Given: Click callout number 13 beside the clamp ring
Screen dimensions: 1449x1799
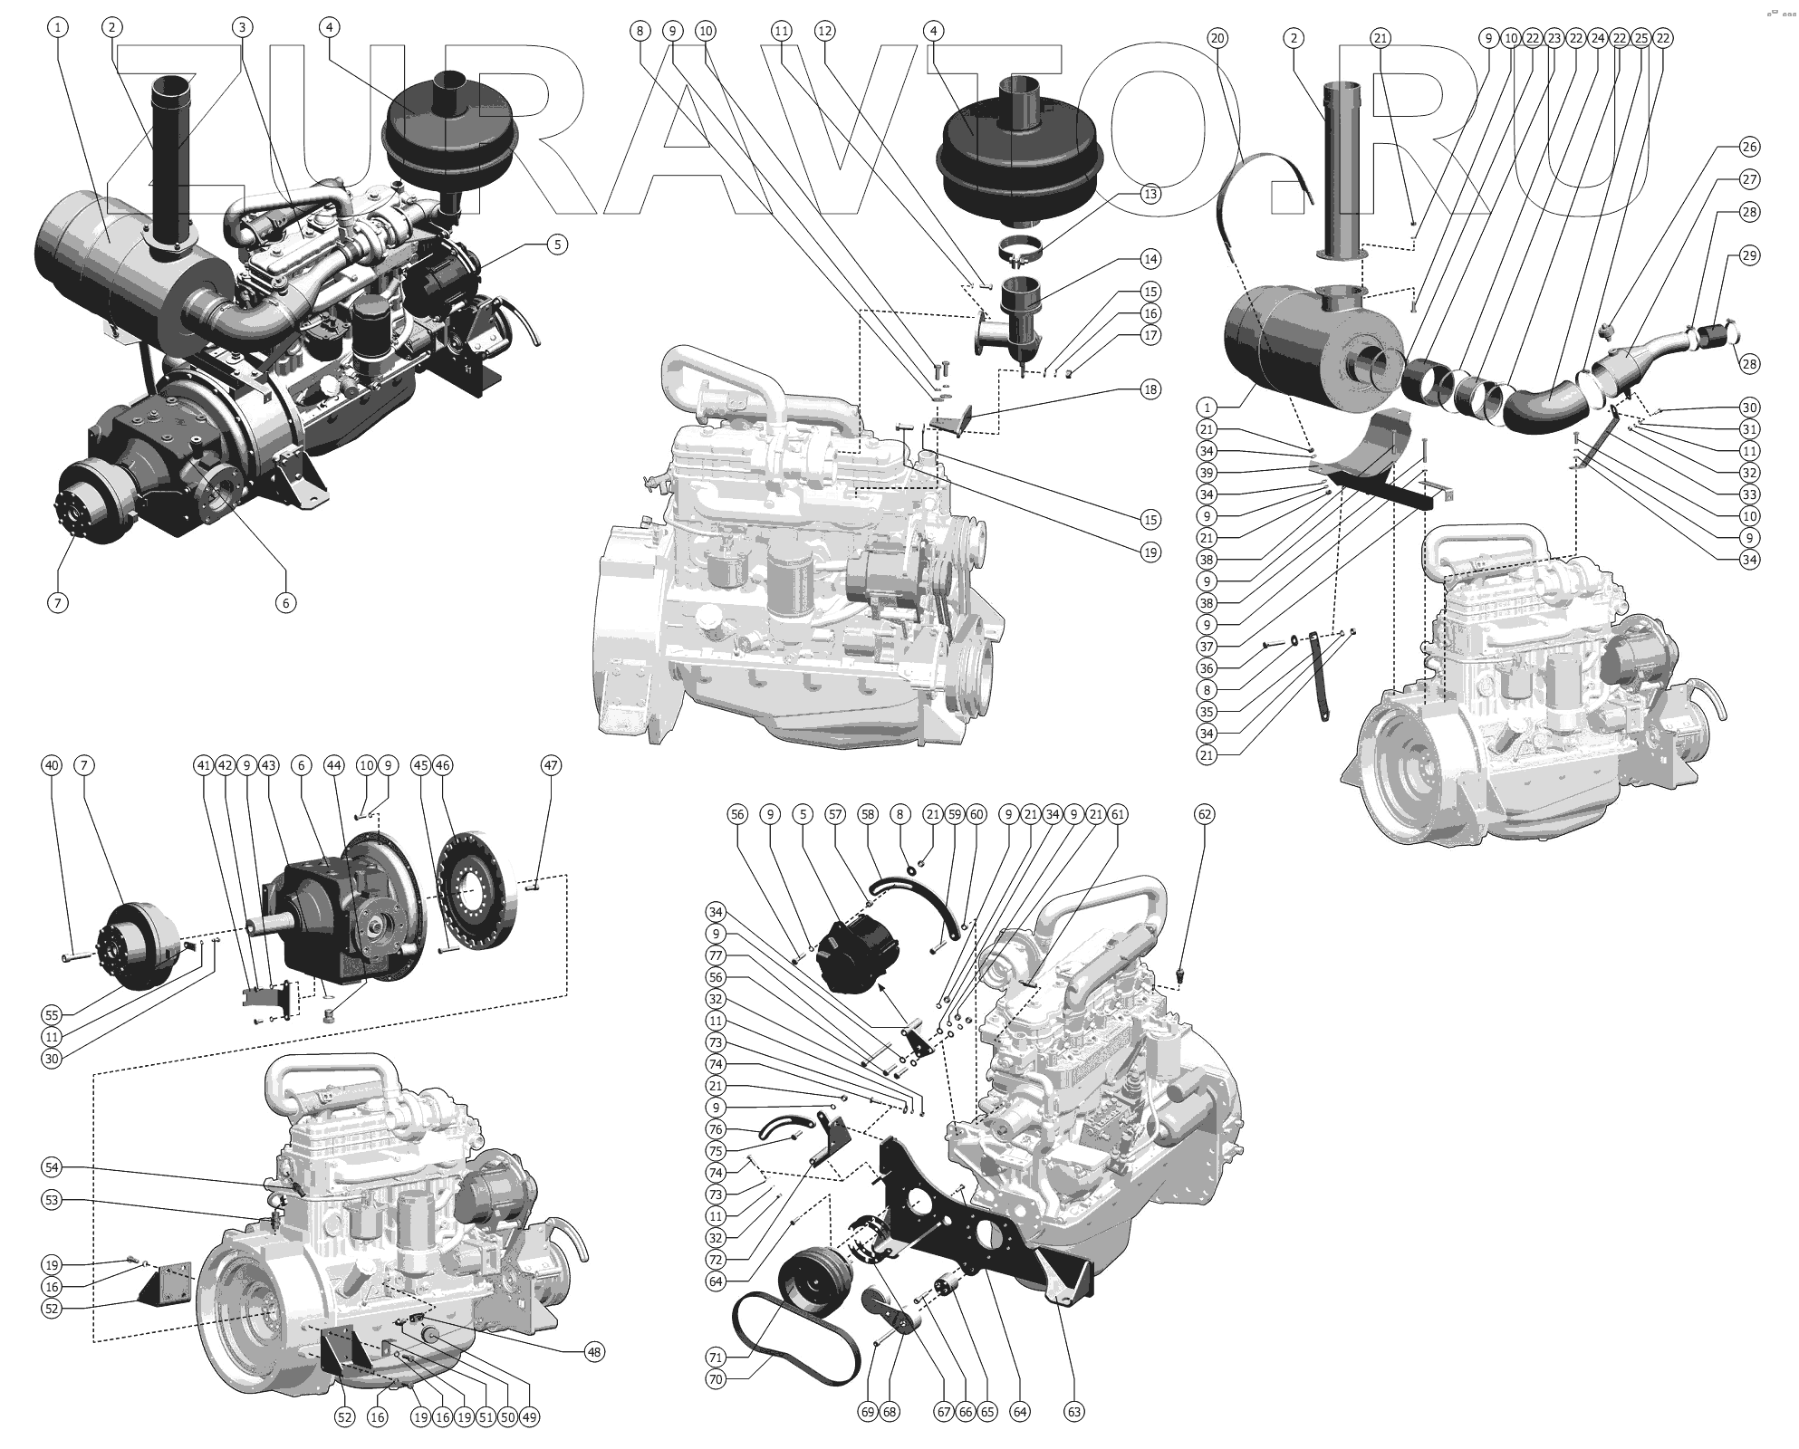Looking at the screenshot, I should [x=1150, y=194].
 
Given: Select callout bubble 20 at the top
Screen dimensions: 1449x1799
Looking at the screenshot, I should [x=1217, y=38].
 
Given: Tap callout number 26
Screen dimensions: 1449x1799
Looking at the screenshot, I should [x=1749, y=147].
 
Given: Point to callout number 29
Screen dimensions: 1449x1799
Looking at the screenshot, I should [x=1749, y=255].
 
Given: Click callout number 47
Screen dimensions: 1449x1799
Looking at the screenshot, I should [x=551, y=765].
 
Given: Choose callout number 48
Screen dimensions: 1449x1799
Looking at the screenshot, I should [x=593, y=1352].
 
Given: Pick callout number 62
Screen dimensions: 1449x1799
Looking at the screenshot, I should [x=1204, y=814].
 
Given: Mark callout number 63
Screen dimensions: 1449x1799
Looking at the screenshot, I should [x=1074, y=1411].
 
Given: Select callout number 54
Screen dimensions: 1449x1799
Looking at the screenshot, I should [x=52, y=1167].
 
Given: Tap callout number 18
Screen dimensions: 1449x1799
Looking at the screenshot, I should [x=1150, y=389].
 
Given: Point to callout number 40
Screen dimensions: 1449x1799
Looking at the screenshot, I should [x=52, y=765].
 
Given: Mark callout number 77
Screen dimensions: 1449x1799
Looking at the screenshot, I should [x=716, y=955].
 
